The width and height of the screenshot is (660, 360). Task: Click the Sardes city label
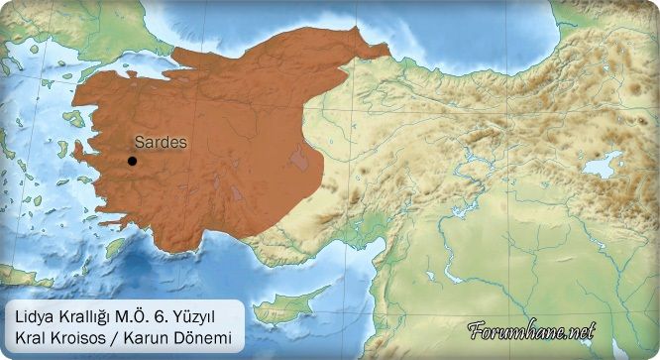pyautogui.click(x=160, y=143)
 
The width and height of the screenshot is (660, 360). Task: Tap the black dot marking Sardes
pyautogui.click(x=132, y=161)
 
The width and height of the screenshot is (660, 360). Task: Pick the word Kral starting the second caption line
pyautogui.click(x=30, y=338)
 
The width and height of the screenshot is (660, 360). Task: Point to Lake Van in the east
pyautogui.click(x=603, y=164)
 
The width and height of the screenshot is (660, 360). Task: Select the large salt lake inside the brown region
pyautogui.click(x=296, y=157)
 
